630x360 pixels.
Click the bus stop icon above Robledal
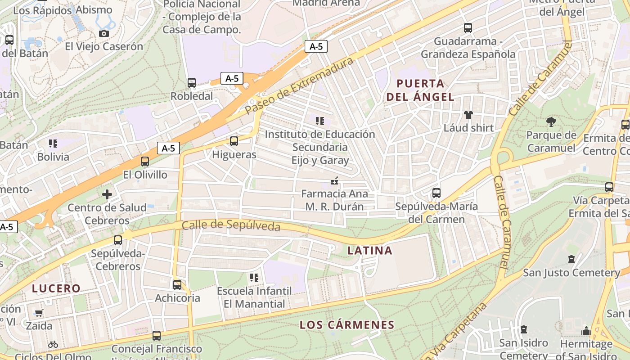191,83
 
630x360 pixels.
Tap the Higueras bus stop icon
234,141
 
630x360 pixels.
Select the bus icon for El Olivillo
144,162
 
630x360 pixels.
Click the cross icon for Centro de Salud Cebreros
107,194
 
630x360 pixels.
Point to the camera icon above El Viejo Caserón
103,33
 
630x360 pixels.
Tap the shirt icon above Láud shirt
468,115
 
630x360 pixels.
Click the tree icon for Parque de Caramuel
551,121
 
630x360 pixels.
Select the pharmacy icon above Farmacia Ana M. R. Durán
334,181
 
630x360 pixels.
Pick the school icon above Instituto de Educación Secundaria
319,121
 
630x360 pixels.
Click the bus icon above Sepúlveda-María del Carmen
436,193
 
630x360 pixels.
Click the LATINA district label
370,251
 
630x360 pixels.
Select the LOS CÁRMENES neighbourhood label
347,324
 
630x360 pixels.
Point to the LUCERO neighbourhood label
56,288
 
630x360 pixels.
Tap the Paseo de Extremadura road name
299,86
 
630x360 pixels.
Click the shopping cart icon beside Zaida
39,313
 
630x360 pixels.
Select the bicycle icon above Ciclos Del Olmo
53,344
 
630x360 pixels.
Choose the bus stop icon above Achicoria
177,284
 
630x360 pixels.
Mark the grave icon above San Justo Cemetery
571,259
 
